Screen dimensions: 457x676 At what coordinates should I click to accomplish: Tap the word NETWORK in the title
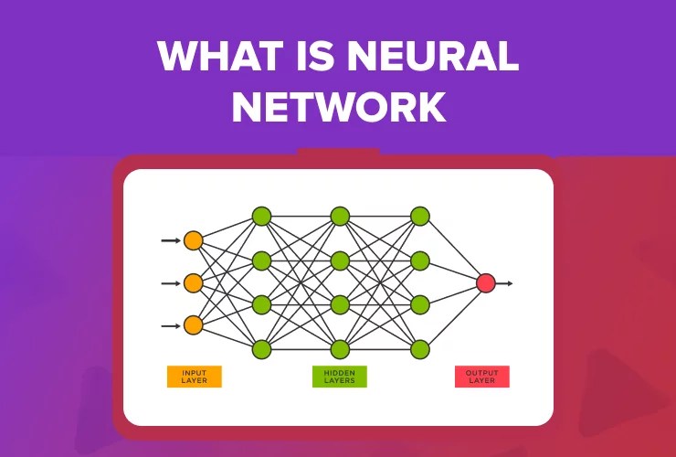pyautogui.click(x=338, y=108)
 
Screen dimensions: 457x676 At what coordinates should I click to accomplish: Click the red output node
pyautogui.click(x=486, y=283)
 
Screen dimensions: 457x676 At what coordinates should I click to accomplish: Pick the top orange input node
pyautogui.click(x=193, y=240)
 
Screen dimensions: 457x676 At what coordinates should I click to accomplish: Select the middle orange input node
pyautogui.click(x=193, y=283)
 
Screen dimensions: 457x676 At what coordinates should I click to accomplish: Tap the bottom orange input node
pyautogui.click(x=193, y=325)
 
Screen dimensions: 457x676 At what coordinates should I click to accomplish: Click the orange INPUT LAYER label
pyautogui.click(x=194, y=377)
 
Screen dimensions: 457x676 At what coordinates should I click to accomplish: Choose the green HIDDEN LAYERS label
pyautogui.click(x=339, y=377)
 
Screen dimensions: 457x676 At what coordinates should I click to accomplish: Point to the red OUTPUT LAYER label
pyautogui.click(x=481, y=377)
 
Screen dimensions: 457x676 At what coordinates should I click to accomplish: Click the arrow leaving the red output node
pyautogui.click(x=505, y=283)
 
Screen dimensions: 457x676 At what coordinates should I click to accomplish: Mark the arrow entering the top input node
pyautogui.click(x=171, y=240)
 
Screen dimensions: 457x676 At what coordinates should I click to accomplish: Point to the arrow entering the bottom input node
pyautogui.click(x=171, y=325)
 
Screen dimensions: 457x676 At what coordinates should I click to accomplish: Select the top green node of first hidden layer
pyautogui.click(x=261, y=217)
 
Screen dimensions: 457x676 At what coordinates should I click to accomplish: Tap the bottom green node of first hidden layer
pyautogui.click(x=261, y=348)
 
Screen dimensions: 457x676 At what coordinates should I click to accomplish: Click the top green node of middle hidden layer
pyautogui.click(x=340, y=217)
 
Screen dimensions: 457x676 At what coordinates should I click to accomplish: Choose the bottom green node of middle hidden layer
pyautogui.click(x=340, y=348)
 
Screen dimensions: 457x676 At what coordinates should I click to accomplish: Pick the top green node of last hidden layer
pyautogui.click(x=419, y=217)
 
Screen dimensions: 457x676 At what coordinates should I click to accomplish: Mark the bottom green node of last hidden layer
pyautogui.click(x=419, y=348)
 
